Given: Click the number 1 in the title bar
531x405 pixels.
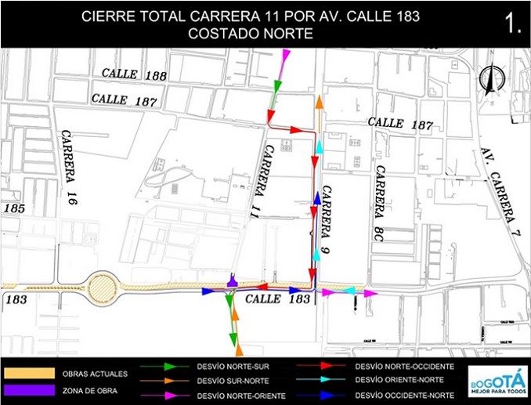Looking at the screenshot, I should point(514,24).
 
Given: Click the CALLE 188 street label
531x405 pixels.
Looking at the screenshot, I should point(134,75).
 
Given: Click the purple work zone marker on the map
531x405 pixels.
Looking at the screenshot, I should point(232,280).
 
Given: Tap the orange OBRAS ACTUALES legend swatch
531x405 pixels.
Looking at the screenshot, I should point(30,374).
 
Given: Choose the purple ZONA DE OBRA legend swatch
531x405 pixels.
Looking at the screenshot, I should point(30,389).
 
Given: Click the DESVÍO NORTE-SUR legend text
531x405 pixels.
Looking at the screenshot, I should point(228,367).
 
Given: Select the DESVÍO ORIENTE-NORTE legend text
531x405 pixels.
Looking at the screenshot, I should point(399,380).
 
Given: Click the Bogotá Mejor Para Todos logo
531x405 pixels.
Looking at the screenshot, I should point(496,380).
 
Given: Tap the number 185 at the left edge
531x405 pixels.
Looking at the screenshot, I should point(13,209).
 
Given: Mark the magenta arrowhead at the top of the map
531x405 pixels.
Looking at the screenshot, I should point(286,55).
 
